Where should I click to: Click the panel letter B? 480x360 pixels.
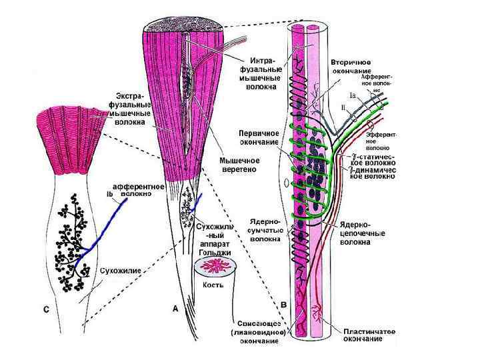coord(284,304)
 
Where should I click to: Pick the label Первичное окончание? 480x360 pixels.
coord(259,137)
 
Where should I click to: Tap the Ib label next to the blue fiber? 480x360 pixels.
coord(110,193)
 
